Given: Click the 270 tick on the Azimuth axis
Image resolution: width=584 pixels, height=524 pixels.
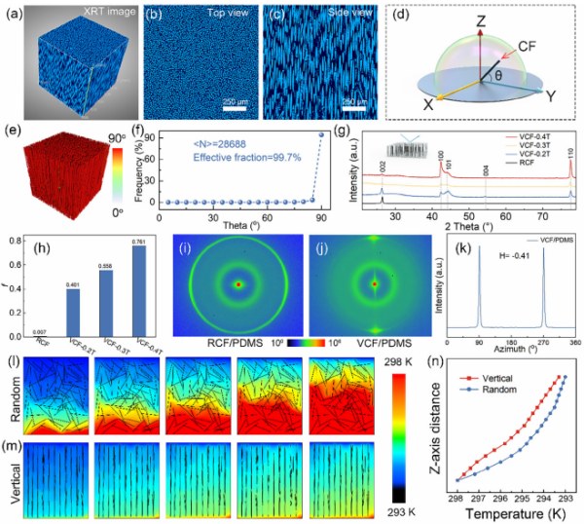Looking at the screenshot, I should [x=543, y=339].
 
